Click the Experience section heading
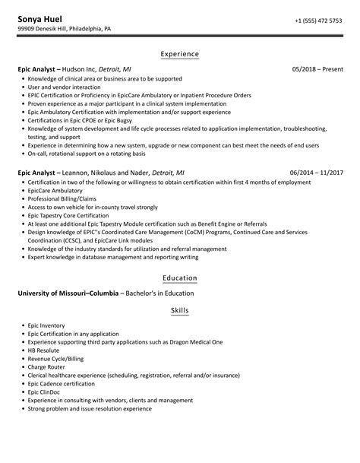[x=180, y=54]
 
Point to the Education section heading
[x=180, y=278]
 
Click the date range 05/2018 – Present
[x=317, y=70]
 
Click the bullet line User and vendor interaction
[x=60, y=87]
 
